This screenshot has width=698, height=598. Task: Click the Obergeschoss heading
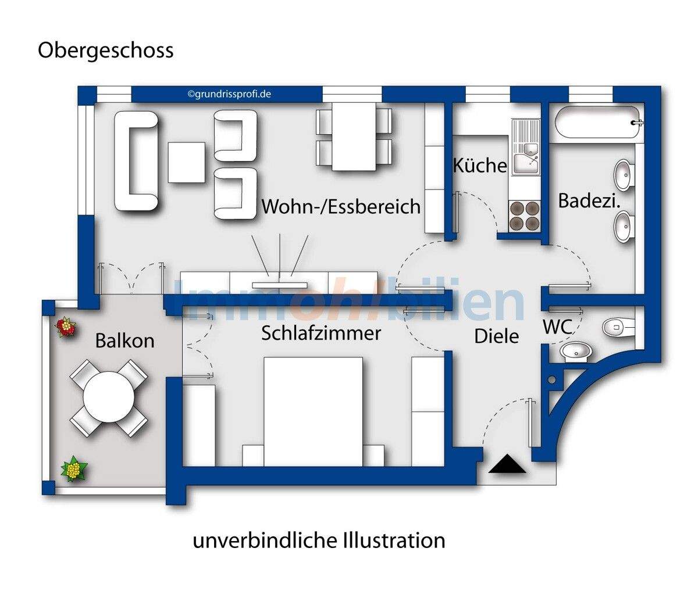click(105, 51)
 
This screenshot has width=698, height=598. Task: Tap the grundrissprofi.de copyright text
click(229, 94)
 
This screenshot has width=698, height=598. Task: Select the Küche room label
click(480, 166)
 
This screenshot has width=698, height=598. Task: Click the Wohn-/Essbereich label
click(341, 206)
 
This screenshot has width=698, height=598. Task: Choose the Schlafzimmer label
click(321, 333)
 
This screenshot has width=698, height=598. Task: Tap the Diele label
click(496, 336)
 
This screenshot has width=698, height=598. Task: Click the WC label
click(557, 327)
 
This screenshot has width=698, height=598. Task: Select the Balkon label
click(125, 340)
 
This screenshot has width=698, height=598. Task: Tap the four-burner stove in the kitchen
click(524, 216)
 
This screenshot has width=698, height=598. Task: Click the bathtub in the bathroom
click(598, 123)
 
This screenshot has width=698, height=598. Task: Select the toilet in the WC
click(618, 327)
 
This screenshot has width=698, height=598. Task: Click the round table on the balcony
click(108, 399)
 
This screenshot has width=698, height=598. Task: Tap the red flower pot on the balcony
click(66, 327)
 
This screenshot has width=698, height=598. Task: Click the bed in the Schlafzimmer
click(313, 410)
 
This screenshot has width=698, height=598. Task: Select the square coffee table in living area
click(187, 162)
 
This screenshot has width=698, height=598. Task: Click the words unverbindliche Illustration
click(319, 540)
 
